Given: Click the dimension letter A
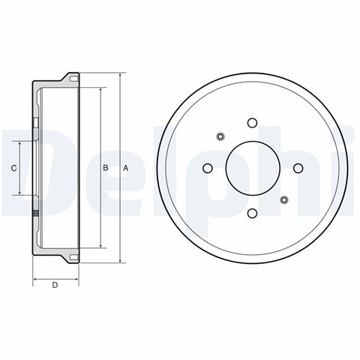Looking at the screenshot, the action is click(125, 168).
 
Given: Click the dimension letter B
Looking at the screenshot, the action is click(106, 168).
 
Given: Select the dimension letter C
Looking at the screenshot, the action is click(14, 168).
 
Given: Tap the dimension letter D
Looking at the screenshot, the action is click(55, 285).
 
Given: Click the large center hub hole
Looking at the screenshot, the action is click(253, 168).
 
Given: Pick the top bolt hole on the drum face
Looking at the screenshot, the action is click(252, 123).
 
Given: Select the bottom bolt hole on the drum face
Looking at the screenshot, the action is click(252, 213).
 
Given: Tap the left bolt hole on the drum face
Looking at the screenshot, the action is click(207, 168).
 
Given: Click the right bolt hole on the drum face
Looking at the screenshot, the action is click(298, 168).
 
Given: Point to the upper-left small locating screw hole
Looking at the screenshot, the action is click(220, 136).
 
